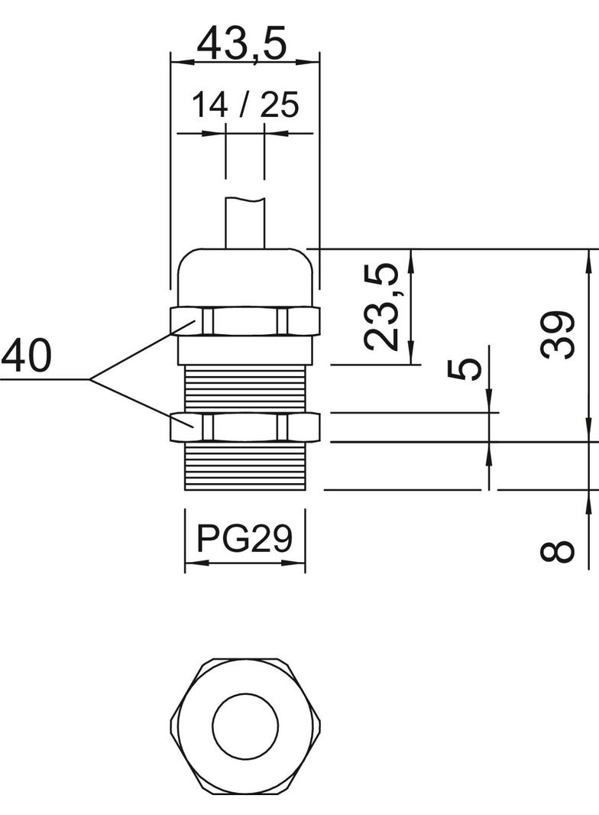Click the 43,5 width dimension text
point(244,44)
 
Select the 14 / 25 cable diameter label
point(244,106)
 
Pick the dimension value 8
point(557,550)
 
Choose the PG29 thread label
point(244,538)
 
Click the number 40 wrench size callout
point(27,356)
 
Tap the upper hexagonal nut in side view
point(244,321)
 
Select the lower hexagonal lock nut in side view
point(244,427)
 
